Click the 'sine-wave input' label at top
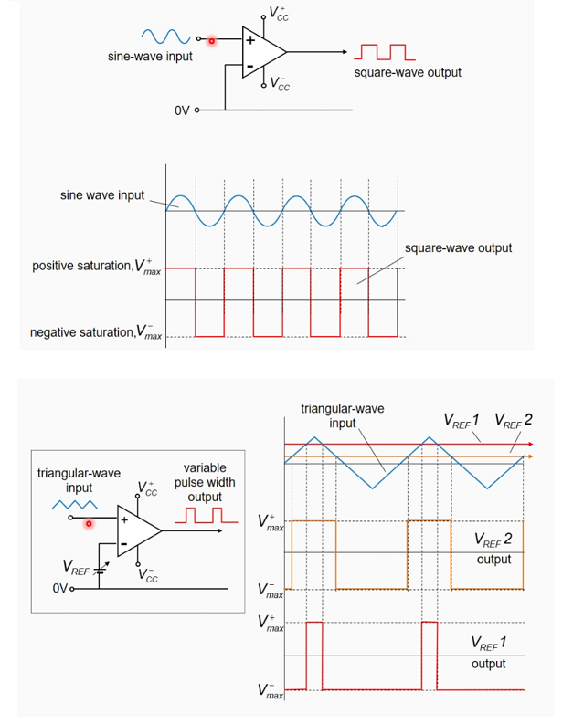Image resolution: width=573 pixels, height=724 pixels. (x=151, y=58)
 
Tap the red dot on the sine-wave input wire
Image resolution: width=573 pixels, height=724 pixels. (x=211, y=40)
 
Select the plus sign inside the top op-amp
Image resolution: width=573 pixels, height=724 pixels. (x=249, y=39)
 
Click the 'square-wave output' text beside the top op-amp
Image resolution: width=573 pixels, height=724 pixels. (x=408, y=72)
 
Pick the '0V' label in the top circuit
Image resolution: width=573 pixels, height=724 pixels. (x=182, y=110)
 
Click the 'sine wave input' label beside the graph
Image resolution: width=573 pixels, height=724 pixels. (x=102, y=195)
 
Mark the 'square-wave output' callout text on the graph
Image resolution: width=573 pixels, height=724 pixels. (x=458, y=247)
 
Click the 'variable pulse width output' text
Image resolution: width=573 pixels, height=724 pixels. (x=205, y=482)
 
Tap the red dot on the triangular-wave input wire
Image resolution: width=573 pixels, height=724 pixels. (x=90, y=523)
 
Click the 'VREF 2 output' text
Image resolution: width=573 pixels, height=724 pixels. (x=493, y=549)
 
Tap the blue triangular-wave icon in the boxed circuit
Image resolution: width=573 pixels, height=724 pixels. (x=74, y=504)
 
